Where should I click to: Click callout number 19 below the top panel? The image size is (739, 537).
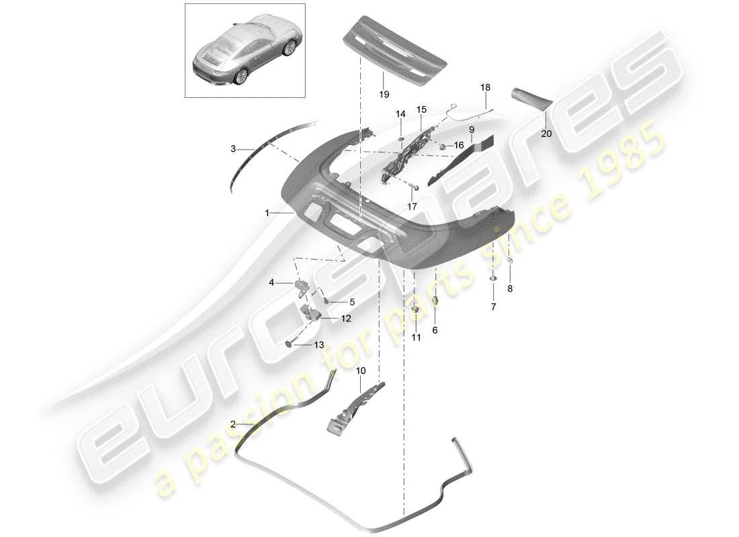pos(384,95)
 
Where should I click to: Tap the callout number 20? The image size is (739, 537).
pos(546,134)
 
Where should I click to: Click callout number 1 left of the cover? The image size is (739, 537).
pos(267,213)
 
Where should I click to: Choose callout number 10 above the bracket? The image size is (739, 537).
pos(361,370)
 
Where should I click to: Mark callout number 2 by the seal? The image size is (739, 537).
pos(232,424)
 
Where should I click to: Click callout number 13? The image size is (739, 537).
pos(318,345)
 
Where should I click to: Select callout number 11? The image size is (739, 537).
pos(416,338)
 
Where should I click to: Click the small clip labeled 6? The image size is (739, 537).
pos(435,301)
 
